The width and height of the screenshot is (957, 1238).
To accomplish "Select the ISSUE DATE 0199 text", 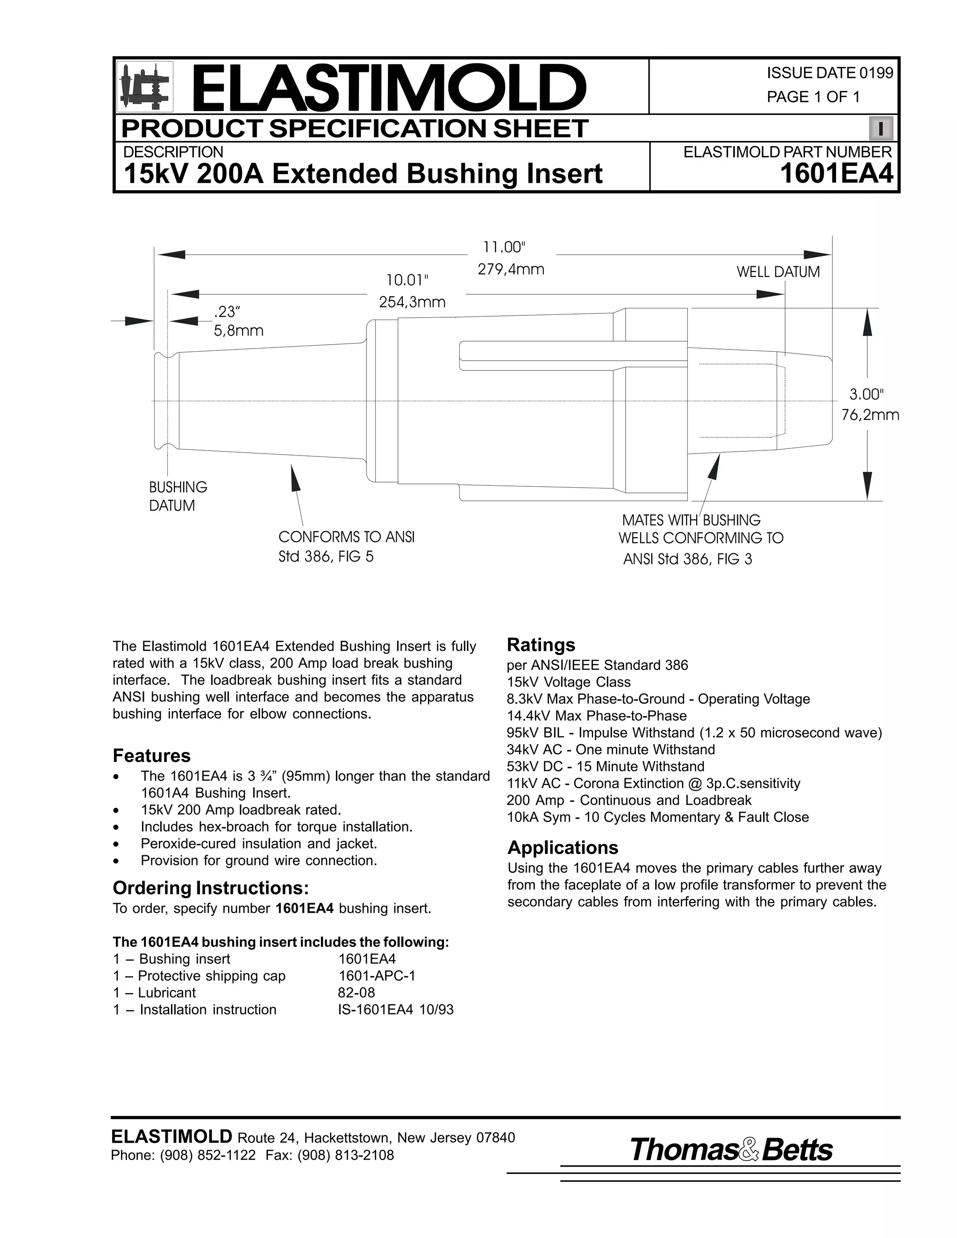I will pyautogui.click(x=829, y=73).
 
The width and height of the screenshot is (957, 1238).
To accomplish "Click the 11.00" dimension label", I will pyautogui.click(x=504, y=247).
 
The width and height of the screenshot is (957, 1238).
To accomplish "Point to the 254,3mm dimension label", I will pyautogui.click(x=412, y=302).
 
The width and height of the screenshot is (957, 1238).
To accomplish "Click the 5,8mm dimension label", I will pyautogui.click(x=238, y=330).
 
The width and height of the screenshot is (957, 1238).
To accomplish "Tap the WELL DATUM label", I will pyautogui.click(x=778, y=272).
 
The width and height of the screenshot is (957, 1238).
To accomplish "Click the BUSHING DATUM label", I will pyautogui.click(x=178, y=496).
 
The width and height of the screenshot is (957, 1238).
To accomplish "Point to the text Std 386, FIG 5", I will pyautogui.click(x=326, y=557).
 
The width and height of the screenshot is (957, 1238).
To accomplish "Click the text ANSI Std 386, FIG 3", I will pyautogui.click(x=687, y=560).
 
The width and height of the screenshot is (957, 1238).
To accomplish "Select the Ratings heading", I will pyautogui.click(x=541, y=645).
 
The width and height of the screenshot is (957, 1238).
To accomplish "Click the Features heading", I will pyautogui.click(x=151, y=755).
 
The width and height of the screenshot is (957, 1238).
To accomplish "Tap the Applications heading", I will pyautogui.click(x=563, y=847).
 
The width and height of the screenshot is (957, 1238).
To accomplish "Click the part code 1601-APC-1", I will pyautogui.click(x=377, y=975).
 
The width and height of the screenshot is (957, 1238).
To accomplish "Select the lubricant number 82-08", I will pyautogui.click(x=356, y=993).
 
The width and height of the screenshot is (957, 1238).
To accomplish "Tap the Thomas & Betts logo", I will pyautogui.click(x=731, y=1150).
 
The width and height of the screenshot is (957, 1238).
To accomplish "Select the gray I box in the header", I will pyautogui.click(x=880, y=128).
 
